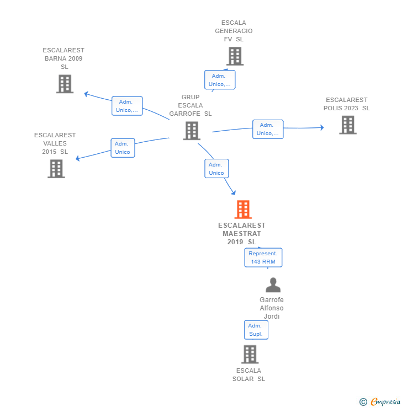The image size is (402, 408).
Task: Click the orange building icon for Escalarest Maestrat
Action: coord(243,210)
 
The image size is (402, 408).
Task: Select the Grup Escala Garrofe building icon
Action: coord(192,131)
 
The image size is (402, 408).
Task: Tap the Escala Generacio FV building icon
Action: coord(235,56)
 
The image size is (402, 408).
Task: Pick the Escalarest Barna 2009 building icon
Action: coord(65,84)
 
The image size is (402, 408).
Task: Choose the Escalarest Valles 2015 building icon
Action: coord(56,169)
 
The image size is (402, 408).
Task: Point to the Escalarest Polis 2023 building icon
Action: coord(347,125)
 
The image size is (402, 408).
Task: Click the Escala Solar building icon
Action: coord(250,355)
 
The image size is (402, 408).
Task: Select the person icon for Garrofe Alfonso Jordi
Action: coord(273,285)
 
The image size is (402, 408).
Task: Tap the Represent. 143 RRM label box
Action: coord(263,257)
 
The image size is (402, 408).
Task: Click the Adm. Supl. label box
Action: coord(256,330)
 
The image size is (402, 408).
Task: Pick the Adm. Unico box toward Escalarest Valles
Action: coord(123,148)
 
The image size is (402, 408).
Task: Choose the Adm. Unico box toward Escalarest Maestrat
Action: coord(216,169)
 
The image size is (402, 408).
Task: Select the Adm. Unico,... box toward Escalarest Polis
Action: coord(268,129)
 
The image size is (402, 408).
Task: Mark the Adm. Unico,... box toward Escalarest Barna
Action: coord(127,106)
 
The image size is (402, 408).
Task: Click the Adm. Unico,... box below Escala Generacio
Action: coord(220,80)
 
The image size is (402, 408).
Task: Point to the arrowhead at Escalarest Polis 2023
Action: coord(321,127)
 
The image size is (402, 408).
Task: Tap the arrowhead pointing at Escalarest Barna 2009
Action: coord(86,94)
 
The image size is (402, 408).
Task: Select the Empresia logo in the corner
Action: coord(380,402)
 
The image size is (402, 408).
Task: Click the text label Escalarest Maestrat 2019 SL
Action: coord(242,234)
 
